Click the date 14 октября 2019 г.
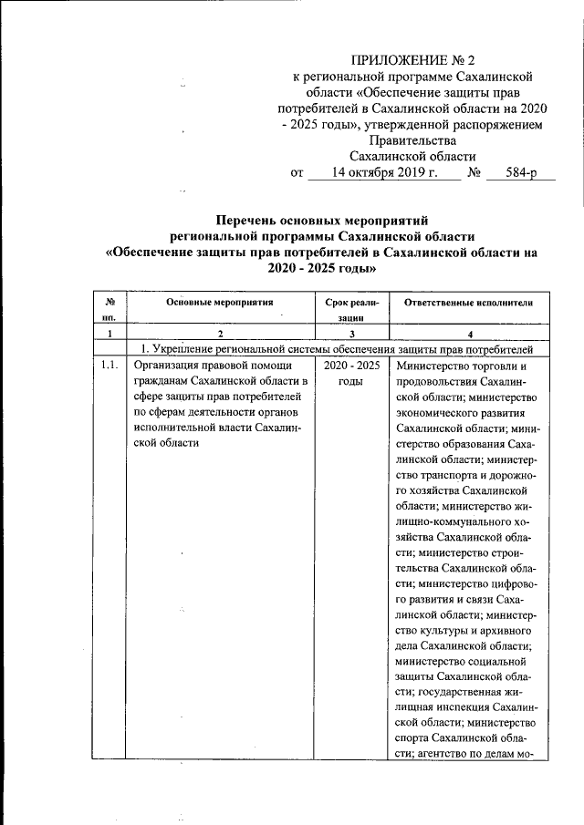click(x=385, y=172)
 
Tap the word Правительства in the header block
click(x=410, y=140)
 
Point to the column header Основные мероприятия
click(x=219, y=302)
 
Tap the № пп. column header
click(x=109, y=309)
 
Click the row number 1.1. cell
click(x=109, y=366)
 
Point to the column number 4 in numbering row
click(x=468, y=335)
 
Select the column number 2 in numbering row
click(x=219, y=335)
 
